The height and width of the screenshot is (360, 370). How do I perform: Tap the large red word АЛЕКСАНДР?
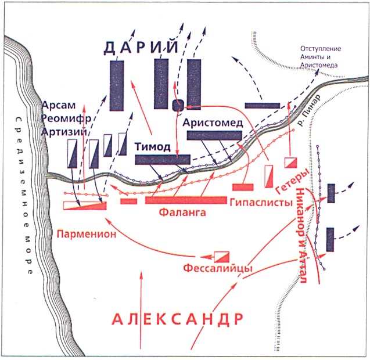(177, 319)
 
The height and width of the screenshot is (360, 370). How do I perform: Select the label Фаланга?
(184, 213)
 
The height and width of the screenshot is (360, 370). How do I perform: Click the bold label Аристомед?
(210, 123)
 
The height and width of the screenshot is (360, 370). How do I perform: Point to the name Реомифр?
(64, 118)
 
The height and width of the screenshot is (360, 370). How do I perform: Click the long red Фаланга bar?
(185, 200)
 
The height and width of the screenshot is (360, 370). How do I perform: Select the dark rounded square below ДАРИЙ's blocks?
(178, 105)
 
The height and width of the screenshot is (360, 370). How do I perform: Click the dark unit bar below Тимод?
(163, 159)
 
